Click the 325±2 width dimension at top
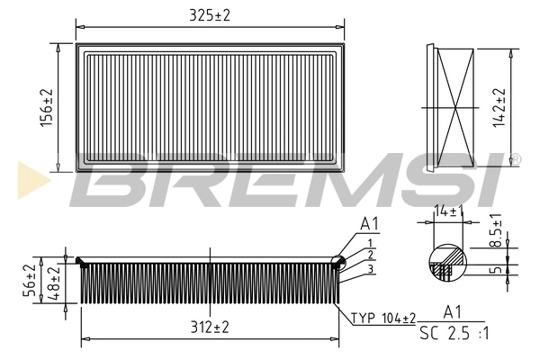tap(210, 16)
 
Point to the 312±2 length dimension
tap(209, 328)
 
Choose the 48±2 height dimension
tap(53, 283)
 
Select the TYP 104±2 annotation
tap(382, 319)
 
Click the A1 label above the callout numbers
tap(369, 223)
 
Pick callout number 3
tap(370, 269)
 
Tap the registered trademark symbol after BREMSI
tap(515, 160)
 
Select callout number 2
tap(370, 256)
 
